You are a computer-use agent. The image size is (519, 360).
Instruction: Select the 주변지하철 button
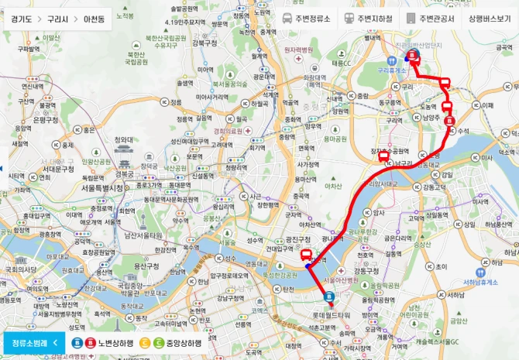point(370,19)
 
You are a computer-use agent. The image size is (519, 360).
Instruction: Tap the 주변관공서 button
point(432,19)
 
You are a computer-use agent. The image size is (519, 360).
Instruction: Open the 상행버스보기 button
point(490,19)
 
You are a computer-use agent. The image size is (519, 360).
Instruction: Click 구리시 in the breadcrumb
point(57,19)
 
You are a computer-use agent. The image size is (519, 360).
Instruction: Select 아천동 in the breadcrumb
point(98,19)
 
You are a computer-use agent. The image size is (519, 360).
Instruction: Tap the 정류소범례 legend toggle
point(33,342)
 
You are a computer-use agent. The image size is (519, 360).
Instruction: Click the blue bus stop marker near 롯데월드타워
point(328,296)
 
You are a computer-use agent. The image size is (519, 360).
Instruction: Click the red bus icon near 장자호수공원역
point(383,156)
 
